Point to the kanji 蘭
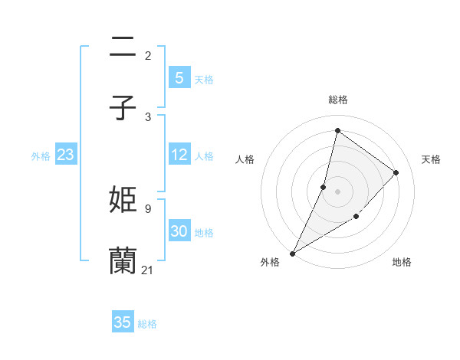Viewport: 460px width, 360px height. coord(123,260)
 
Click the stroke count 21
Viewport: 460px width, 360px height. coord(147,270)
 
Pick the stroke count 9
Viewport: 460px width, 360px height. coord(147,208)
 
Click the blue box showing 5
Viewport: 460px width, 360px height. coord(179,78)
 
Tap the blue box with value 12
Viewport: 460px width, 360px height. coord(179,155)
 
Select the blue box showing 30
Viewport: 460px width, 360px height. coord(179,231)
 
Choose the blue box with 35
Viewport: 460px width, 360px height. coord(123,322)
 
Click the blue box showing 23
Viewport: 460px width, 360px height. coord(65,155)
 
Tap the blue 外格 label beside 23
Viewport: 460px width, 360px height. coord(41,156)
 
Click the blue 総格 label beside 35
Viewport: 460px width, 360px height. coord(147,324)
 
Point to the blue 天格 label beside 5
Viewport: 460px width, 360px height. coord(204,80)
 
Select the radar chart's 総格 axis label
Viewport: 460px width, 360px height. coord(337,100)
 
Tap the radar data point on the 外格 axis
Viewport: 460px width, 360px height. coord(292,253)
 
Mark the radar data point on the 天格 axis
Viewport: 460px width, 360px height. coord(396,172)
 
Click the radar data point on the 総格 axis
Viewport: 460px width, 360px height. coord(337,131)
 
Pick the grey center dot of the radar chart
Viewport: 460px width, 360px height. coord(337,191)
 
